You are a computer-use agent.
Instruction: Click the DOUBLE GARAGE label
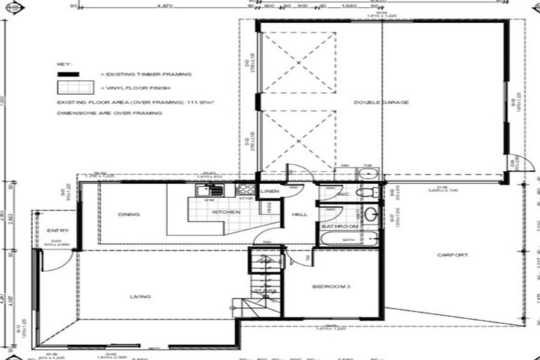tap(381, 103)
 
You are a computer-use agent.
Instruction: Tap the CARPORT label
tap(451, 255)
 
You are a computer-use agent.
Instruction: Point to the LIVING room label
tap(140, 297)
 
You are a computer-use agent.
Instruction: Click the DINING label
tap(129, 214)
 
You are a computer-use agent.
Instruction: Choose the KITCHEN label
tap(212, 212)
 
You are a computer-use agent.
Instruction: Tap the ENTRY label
tap(56, 231)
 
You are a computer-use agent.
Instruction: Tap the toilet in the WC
tap(364, 193)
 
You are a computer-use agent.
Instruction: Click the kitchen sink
tap(210, 189)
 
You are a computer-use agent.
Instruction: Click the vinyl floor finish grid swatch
tap(75, 87)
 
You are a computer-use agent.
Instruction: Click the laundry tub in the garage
tap(367, 174)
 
